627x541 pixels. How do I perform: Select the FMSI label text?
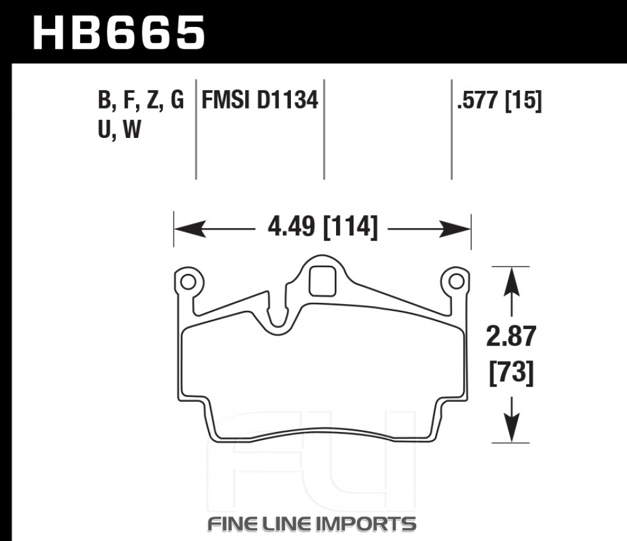226,100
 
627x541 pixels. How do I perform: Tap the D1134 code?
287,100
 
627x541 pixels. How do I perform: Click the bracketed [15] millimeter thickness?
524,100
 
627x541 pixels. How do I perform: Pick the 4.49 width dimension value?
291,227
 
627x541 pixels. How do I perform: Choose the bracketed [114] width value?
350,227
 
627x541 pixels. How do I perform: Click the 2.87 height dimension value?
511,336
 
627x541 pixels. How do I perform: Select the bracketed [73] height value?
512,372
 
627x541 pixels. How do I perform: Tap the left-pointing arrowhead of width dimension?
190,229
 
